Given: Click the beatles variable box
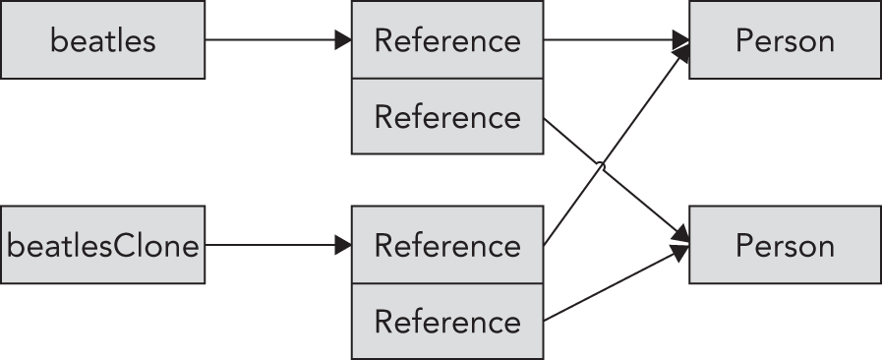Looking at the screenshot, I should click(102, 40).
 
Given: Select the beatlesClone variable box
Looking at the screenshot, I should click(102, 245).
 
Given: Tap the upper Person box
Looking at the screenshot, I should click(785, 40).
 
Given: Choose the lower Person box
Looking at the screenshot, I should click(785, 245).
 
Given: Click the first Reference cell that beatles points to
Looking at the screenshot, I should click(447, 40).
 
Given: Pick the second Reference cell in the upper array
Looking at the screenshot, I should click(447, 117).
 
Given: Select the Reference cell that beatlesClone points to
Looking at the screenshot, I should click(447, 245).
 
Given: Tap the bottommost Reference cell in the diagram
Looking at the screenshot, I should click(447, 322).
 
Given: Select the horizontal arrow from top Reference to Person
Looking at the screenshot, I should click(610, 40).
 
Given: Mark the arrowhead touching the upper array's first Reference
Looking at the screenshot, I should click(343, 40).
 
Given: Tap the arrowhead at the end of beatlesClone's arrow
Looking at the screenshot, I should click(343, 245).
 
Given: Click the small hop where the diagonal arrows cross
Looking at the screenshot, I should click(601, 168).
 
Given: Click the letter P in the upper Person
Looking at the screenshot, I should click(744, 40).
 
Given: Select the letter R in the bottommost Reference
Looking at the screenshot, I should click(383, 322).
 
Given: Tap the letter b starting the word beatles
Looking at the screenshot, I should click(58, 40).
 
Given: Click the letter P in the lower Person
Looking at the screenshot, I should click(744, 245).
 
